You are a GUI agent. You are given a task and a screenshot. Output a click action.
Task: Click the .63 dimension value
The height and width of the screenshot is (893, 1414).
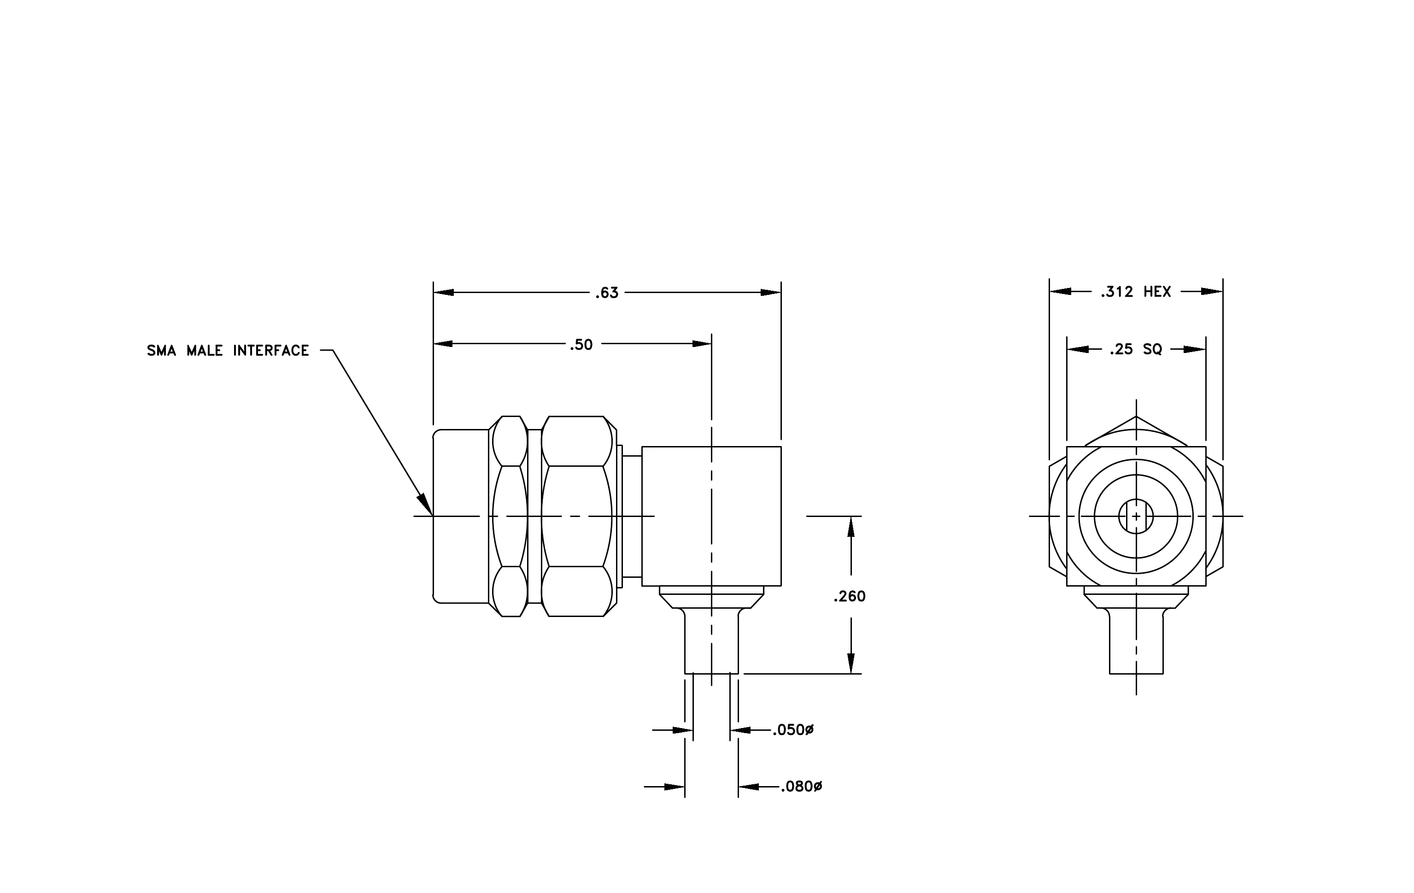tap(607, 293)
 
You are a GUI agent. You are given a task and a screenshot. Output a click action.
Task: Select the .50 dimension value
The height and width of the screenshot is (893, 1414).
tap(581, 345)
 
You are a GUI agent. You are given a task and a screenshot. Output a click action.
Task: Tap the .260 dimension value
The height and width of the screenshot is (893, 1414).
tap(849, 597)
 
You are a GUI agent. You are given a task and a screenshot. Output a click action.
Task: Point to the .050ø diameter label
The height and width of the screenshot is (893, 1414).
tap(793, 730)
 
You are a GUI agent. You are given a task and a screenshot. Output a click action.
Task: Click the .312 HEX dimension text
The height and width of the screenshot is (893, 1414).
tap(1136, 292)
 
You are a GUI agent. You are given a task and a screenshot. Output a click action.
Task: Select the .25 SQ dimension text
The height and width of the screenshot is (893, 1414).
tap(1136, 349)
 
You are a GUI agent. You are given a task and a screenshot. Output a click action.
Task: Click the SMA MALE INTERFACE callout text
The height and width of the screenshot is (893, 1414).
tap(228, 351)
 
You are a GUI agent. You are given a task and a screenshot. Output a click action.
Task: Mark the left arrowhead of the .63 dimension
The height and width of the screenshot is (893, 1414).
tap(443, 293)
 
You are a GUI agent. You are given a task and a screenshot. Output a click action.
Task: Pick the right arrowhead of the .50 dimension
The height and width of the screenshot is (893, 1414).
tap(702, 343)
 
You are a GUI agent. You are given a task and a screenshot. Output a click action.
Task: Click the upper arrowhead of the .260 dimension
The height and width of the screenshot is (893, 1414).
tap(851, 526)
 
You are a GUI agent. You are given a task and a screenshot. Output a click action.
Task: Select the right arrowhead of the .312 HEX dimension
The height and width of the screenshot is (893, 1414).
tap(1212, 291)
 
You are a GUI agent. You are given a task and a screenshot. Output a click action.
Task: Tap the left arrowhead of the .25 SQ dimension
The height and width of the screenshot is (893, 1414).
tap(1077, 349)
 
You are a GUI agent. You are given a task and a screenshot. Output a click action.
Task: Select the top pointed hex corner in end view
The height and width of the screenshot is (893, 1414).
tap(1136, 417)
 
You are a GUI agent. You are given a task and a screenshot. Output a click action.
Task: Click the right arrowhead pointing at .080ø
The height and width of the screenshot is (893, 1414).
tap(749, 787)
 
